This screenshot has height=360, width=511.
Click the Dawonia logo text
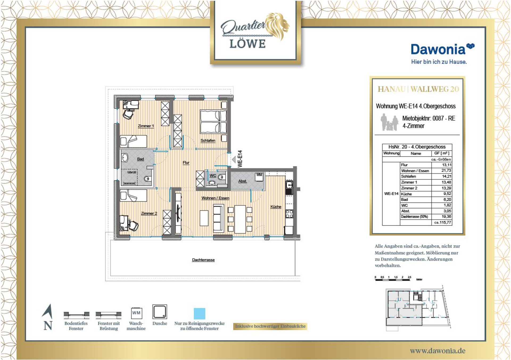tap(438, 49)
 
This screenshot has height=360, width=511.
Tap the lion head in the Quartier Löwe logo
tap(278, 26)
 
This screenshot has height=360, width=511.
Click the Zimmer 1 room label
tap(146, 126)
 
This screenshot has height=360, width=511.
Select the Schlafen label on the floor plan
tap(208, 140)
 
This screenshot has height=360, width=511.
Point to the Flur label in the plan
tap(186, 163)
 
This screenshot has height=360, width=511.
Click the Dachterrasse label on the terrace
tap(203, 260)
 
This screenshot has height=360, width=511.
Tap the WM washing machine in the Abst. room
tap(259, 177)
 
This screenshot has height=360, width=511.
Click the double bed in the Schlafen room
tap(213, 122)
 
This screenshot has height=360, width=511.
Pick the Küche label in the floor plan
tap(276, 207)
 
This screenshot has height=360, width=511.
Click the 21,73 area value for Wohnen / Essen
tap(446, 171)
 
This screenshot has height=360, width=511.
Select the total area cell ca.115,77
tap(443, 222)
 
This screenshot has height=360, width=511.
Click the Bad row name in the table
tap(405, 200)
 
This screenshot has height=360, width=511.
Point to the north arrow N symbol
tap(48, 317)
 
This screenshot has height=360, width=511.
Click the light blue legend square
tap(199, 314)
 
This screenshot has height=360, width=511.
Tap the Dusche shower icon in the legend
tap(160, 312)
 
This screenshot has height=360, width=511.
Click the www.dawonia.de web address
tap(438, 351)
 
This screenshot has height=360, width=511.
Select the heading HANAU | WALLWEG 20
tap(418, 89)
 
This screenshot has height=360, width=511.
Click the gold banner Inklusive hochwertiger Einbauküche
tap(270, 326)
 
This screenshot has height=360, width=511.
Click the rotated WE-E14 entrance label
tap(240, 159)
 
